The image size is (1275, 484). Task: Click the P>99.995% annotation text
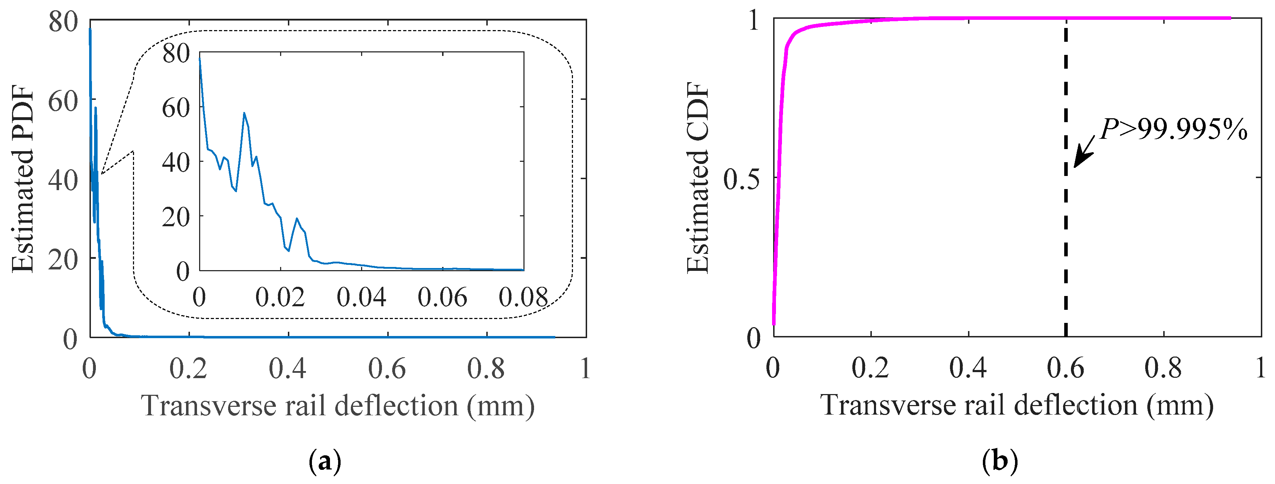click(1173, 130)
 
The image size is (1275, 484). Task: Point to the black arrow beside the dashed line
click(1084, 154)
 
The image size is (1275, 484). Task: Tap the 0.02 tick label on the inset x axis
click(280, 297)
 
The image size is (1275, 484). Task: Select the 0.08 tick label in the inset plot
click(523, 297)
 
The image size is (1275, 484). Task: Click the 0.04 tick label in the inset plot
click(361, 297)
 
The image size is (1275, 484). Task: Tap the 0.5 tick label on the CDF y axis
click(741, 178)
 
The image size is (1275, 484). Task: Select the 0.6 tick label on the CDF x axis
click(1066, 369)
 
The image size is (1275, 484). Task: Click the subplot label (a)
click(325, 462)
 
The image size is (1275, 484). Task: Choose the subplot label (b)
click(1000, 462)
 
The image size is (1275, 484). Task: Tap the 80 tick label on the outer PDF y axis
click(63, 22)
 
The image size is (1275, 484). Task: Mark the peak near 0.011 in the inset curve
click(244, 113)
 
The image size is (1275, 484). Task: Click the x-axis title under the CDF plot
click(1017, 405)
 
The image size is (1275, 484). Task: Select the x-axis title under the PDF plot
click(338, 406)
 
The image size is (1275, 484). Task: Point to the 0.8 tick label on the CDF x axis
click(1163, 369)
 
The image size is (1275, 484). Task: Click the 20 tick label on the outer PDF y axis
click(63, 259)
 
